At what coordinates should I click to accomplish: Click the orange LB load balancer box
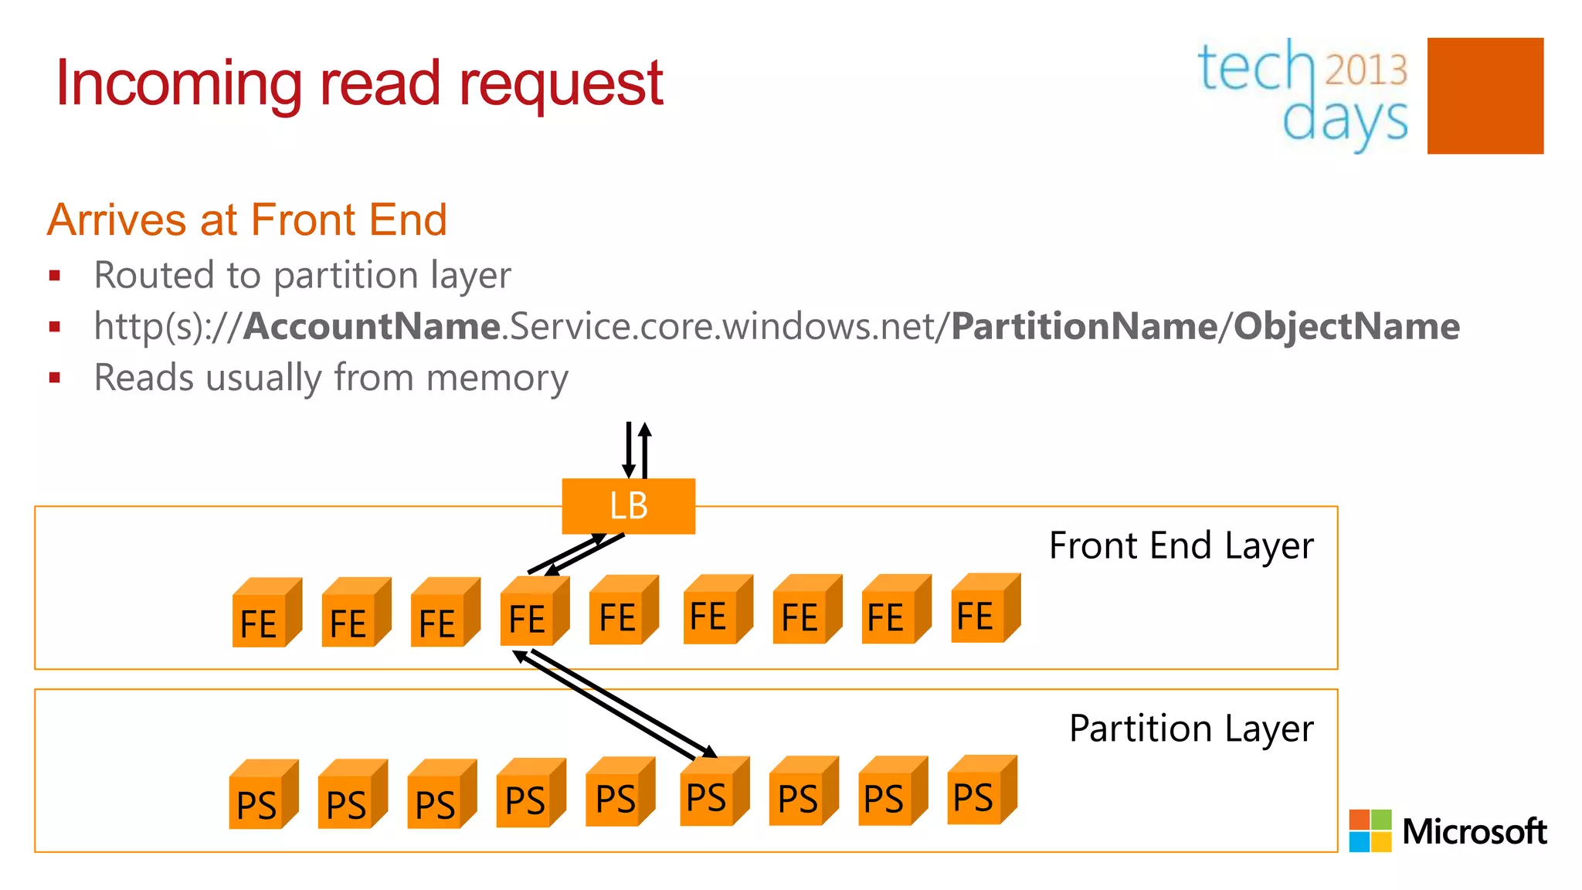(x=628, y=506)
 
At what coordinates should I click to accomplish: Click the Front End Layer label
(x=1180, y=546)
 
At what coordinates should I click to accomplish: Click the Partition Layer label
(x=1190, y=729)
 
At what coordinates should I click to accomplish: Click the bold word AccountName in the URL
(x=372, y=326)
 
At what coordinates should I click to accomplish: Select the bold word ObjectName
(x=1346, y=326)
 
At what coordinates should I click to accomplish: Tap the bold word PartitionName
(x=1084, y=326)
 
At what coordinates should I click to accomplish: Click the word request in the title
(x=561, y=84)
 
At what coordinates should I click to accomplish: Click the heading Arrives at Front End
(x=247, y=219)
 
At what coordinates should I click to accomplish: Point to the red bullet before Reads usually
(x=54, y=378)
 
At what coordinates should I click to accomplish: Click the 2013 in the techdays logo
(x=1366, y=70)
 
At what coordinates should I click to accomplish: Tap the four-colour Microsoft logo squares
(x=1370, y=831)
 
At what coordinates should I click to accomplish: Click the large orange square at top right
(x=1485, y=96)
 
